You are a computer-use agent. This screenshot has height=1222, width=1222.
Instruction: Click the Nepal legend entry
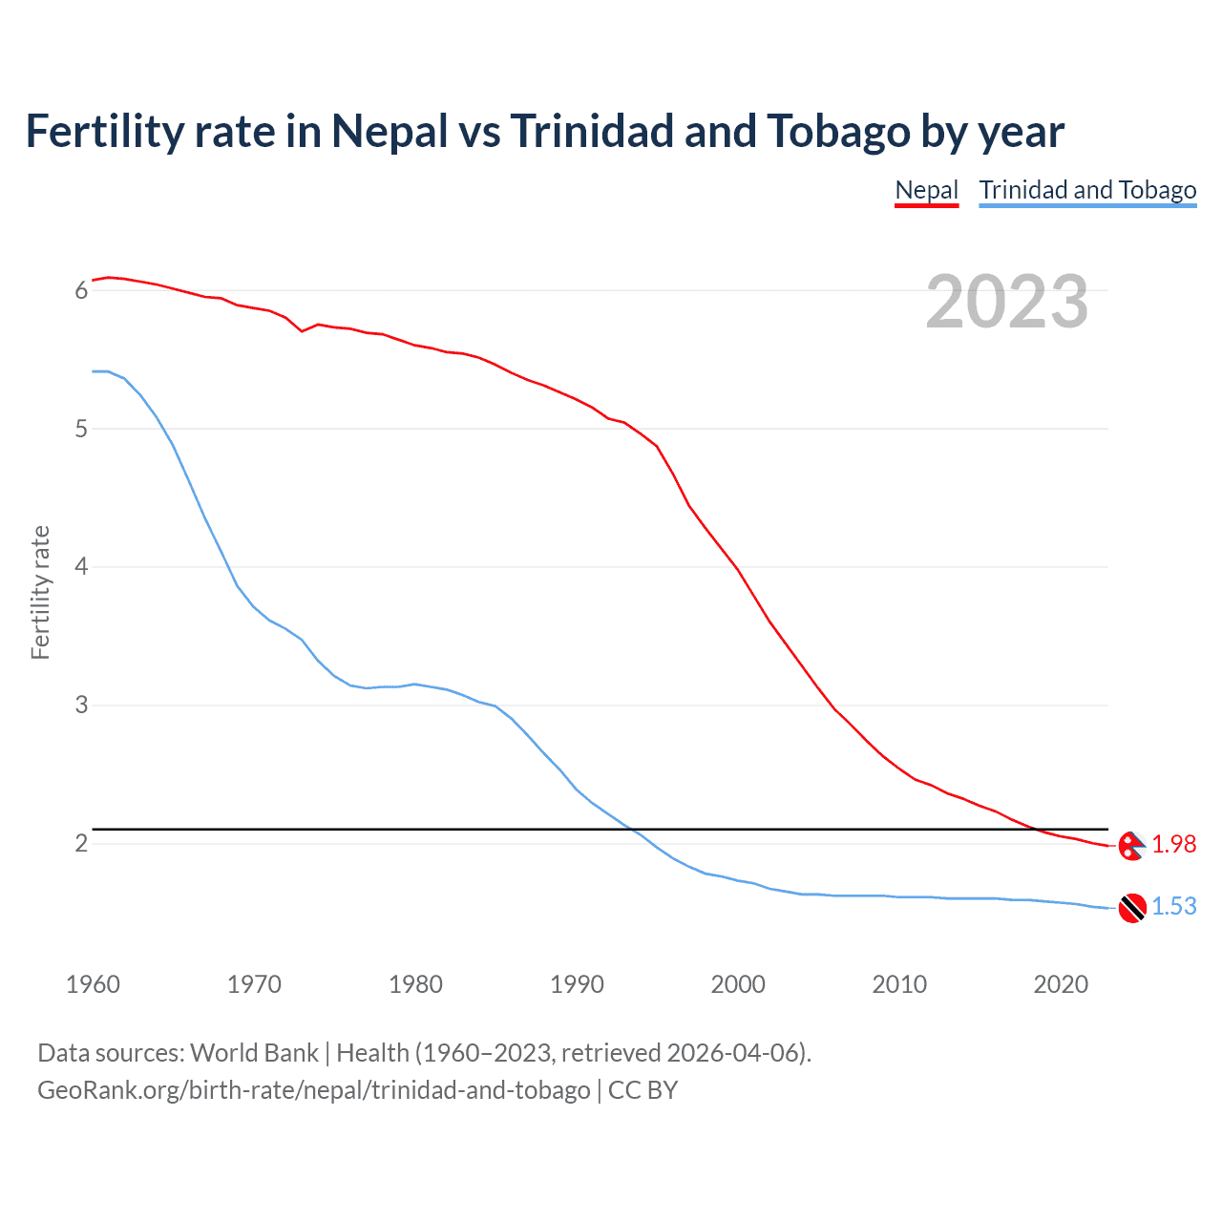tap(926, 190)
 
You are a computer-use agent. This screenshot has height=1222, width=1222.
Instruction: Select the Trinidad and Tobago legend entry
tap(1087, 190)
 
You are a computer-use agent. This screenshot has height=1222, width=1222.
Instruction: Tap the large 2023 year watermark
tap(1007, 303)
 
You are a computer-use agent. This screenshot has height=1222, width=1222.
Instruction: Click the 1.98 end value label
tap(1173, 844)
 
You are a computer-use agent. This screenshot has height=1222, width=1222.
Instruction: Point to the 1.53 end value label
tap(1173, 906)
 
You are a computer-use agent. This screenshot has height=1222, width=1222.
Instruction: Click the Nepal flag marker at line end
tap(1132, 846)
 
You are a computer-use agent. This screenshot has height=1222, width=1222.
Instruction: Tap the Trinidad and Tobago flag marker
tap(1132, 908)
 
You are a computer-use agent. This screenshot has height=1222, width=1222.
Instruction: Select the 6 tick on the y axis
tap(81, 290)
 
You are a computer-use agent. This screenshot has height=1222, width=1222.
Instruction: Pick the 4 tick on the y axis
tap(81, 567)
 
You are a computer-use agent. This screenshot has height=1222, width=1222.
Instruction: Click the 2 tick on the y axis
tap(81, 844)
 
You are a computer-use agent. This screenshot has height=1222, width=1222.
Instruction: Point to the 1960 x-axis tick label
tap(93, 984)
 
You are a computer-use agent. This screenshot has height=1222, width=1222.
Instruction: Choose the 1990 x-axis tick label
tap(577, 984)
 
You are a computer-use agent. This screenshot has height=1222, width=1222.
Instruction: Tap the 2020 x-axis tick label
tap(1061, 984)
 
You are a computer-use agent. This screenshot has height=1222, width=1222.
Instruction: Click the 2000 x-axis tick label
tap(738, 984)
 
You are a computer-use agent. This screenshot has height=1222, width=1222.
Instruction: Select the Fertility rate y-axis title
tap(40, 592)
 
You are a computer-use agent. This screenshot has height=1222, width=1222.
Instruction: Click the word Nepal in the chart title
tap(390, 132)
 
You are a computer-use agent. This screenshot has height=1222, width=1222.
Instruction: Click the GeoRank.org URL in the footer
tap(313, 1090)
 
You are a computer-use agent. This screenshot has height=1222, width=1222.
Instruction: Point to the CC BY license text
tap(643, 1090)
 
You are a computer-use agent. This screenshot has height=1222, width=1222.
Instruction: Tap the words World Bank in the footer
tap(254, 1053)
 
